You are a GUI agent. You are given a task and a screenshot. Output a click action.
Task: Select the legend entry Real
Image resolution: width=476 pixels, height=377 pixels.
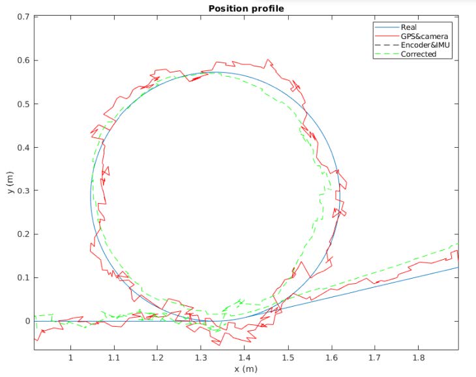[x=409, y=27]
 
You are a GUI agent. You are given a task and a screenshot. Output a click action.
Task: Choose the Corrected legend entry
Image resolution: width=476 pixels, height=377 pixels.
[x=418, y=54]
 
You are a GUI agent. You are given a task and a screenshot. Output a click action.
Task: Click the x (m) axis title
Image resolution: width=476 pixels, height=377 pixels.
[x=246, y=369]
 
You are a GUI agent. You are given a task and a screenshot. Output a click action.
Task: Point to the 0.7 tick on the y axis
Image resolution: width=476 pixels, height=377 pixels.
[x=23, y=17]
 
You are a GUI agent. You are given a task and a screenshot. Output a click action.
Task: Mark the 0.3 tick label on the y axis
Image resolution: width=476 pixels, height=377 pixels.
[x=23, y=191]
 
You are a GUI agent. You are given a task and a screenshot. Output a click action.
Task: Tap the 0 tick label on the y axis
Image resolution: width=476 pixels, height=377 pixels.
[x=27, y=321]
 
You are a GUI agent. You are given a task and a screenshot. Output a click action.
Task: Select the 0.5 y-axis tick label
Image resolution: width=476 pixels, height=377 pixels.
[x=23, y=104]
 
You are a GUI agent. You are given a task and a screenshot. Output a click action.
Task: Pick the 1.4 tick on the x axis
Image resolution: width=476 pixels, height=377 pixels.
[x=244, y=357]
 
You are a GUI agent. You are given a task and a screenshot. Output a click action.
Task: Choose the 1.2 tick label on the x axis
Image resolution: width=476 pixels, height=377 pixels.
[x=157, y=357]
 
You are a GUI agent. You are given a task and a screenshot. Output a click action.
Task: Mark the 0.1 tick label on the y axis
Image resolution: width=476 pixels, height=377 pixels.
[x=23, y=277]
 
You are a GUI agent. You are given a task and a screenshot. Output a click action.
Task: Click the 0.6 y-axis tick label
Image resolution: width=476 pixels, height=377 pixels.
[x=23, y=61]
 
